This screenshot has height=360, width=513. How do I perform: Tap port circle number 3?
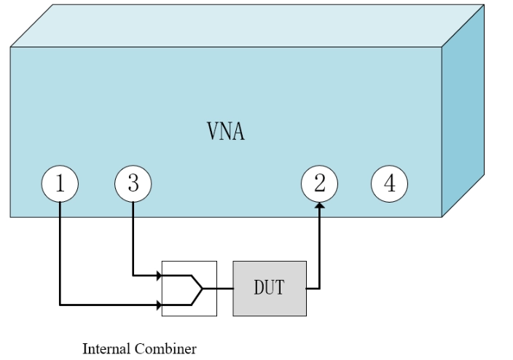click(x=133, y=184)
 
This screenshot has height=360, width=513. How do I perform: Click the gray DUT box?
click(x=269, y=289)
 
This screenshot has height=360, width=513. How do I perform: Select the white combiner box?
click(x=189, y=289)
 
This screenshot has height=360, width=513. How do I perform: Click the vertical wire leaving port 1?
click(x=59, y=248)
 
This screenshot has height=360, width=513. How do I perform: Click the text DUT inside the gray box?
click(x=269, y=289)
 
